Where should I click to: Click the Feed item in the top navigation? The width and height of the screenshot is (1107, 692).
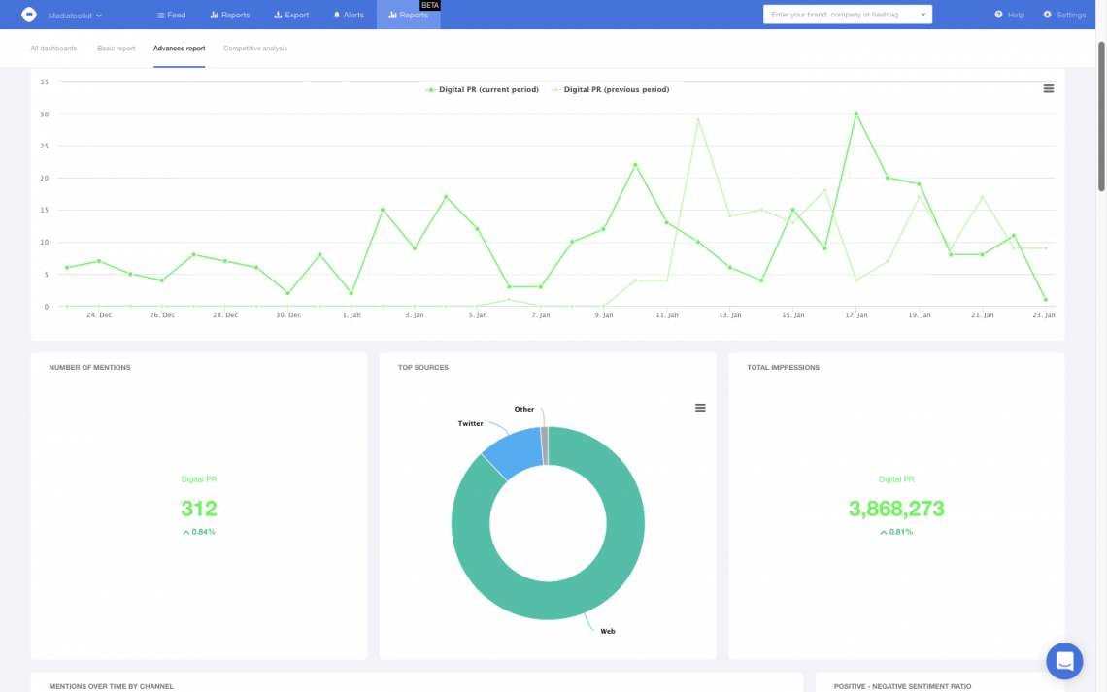click(171, 16)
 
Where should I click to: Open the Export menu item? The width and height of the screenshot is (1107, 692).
click(291, 16)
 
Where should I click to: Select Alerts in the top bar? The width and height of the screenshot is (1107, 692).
click(349, 16)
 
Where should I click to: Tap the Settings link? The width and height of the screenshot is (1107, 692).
click(1064, 16)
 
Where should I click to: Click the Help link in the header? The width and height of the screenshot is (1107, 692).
click(1010, 16)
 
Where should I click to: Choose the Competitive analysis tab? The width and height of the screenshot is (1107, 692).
click(255, 49)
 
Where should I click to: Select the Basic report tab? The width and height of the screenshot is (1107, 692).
click(117, 49)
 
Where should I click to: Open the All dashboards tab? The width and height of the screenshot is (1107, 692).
click(53, 49)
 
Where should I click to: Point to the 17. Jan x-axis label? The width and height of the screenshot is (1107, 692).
click(855, 315)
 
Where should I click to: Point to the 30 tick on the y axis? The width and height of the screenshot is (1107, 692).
click(45, 114)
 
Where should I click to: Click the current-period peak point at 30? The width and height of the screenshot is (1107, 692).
click(855, 114)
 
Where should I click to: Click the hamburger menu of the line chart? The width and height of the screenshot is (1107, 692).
click(1049, 88)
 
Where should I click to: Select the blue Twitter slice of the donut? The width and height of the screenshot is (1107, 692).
click(512, 451)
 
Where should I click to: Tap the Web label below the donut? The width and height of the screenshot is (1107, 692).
click(608, 631)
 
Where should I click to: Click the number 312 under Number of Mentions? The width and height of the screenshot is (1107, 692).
click(199, 509)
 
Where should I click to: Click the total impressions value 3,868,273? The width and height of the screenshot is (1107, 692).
click(896, 509)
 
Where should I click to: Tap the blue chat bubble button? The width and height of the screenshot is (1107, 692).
click(1064, 661)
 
